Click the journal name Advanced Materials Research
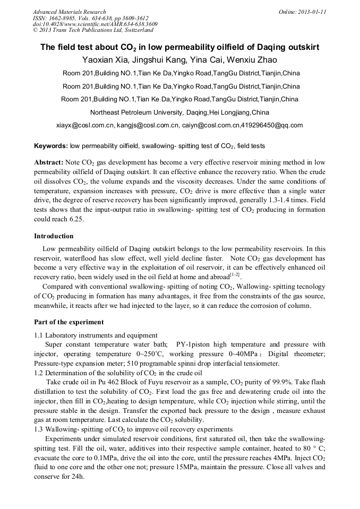(69, 12)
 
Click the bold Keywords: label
(50, 145)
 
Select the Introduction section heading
(54, 236)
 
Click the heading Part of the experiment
(68, 322)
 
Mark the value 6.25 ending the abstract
(76, 219)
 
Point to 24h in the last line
(77, 478)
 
